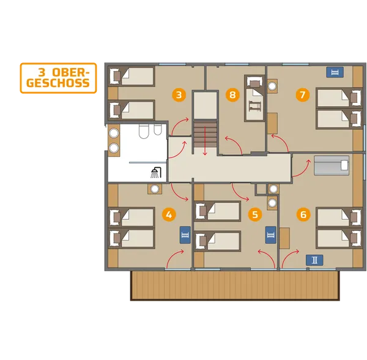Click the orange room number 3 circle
(179, 95)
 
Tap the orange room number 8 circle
(232, 95)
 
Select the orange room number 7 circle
(303, 95)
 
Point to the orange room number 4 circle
(169, 214)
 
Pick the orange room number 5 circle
(255, 214)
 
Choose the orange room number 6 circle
(303, 214)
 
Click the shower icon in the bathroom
(156, 173)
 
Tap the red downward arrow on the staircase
(206, 141)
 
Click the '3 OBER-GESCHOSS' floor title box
(58, 78)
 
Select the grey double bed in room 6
(332, 165)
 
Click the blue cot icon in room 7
(335, 72)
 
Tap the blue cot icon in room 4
(185, 235)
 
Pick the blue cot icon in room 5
(270, 235)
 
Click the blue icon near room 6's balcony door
(314, 260)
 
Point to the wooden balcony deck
(235, 285)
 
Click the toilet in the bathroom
(144, 131)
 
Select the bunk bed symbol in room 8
(254, 106)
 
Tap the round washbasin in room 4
(155, 189)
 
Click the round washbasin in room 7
(272, 86)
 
